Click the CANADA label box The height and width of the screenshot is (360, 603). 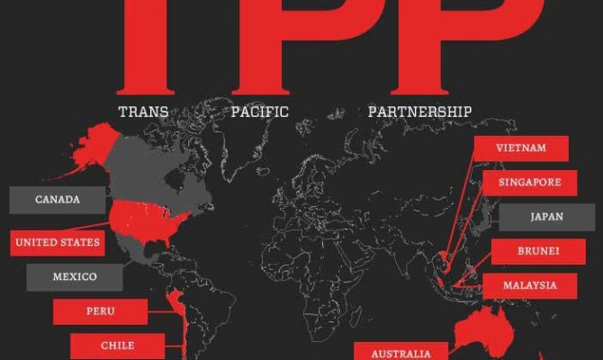(58, 200)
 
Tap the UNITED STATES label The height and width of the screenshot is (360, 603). (58, 242)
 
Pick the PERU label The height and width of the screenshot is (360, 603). (100, 311)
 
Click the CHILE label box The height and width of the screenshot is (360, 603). (117, 346)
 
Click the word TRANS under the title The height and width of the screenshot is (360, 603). (144, 112)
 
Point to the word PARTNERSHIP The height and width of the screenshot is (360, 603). (419, 112)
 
